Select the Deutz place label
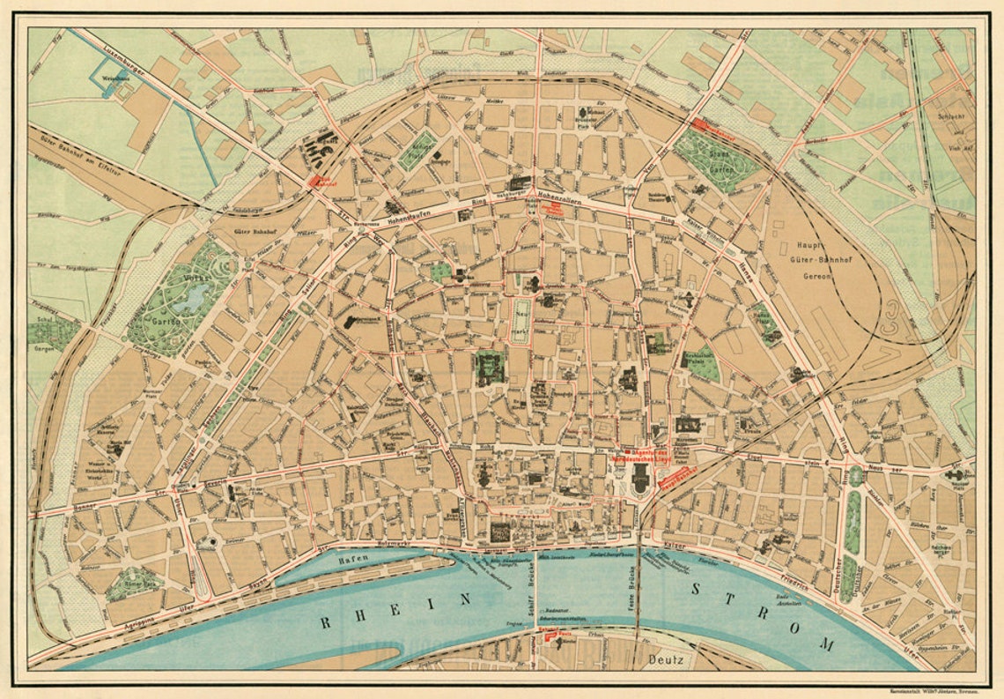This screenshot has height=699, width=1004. [664, 657]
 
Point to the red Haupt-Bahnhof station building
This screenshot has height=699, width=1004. [676, 477]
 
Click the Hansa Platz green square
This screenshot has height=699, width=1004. [763, 321]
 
